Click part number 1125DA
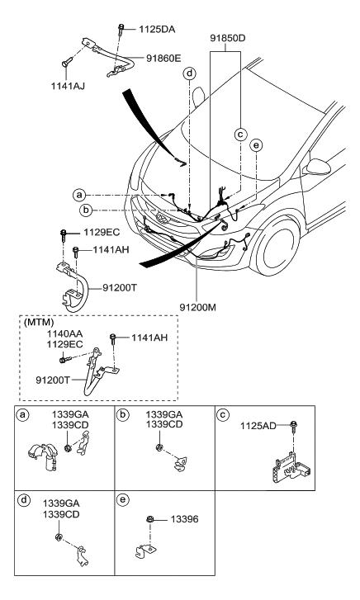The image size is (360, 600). [157, 29]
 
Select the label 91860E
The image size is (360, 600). [163, 58]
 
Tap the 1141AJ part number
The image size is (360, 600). [68, 87]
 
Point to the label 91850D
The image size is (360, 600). [228, 38]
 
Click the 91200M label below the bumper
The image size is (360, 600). [197, 307]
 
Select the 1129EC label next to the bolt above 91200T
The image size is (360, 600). [102, 232]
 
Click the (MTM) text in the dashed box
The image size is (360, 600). [39, 323]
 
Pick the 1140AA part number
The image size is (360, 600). [64, 334]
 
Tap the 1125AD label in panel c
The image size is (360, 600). [258, 426]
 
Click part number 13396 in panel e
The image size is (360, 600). [184, 519]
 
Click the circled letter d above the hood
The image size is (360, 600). [189, 73]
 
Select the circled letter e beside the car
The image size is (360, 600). [256, 145]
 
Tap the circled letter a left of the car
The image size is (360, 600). [79, 195]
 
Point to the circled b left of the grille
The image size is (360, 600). [86, 210]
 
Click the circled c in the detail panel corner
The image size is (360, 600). [223, 415]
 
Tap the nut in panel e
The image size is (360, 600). [149, 519]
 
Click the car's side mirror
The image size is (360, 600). [317, 167]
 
